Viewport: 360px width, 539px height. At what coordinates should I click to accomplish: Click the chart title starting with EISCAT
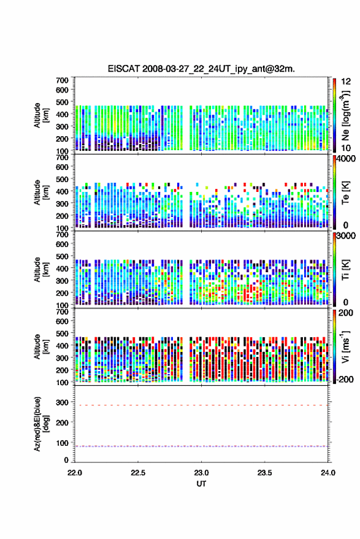tap(201, 69)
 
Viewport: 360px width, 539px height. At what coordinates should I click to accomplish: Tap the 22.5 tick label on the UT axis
tap(138, 473)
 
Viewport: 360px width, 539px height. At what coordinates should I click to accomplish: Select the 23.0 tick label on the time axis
tap(201, 473)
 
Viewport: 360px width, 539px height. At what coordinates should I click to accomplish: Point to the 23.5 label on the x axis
tap(264, 473)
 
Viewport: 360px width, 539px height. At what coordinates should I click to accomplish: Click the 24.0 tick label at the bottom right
tap(327, 473)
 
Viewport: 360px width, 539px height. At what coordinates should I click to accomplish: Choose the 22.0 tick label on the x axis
tap(75, 473)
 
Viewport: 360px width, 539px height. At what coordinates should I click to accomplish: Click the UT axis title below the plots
tap(201, 484)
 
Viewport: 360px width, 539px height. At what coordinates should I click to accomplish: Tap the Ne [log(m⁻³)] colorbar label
tap(346, 115)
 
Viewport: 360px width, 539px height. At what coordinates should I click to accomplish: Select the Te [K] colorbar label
tap(345, 193)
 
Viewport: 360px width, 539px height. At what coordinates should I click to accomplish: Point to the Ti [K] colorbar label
tap(345, 270)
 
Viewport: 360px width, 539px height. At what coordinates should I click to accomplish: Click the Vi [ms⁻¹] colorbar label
tap(345, 346)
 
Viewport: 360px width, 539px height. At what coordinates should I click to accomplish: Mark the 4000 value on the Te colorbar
tap(347, 159)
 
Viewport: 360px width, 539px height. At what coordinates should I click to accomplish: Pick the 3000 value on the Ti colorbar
tap(347, 236)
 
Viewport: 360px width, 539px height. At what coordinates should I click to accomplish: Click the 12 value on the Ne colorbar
tap(347, 82)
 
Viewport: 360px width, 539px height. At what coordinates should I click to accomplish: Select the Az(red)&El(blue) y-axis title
tap(41, 424)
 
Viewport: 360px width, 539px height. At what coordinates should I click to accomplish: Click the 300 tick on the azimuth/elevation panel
tap(62, 402)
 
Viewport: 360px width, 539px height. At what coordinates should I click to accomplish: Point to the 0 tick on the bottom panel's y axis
tap(66, 460)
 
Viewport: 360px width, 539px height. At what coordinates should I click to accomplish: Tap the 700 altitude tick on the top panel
tap(62, 80)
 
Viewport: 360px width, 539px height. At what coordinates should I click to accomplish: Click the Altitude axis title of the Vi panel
tap(41, 346)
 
